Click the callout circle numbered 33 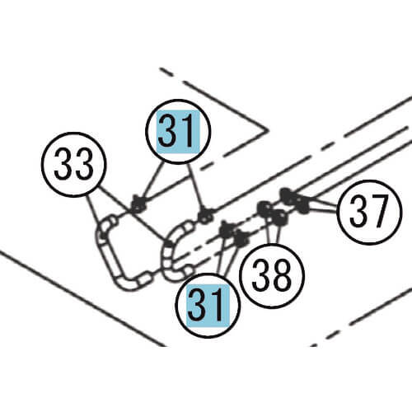point(73,164)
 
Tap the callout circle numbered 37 point(369,212)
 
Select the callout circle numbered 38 point(272,275)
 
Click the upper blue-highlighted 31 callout point(178,132)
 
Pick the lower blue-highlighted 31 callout point(208,306)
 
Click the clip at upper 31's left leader point(138,205)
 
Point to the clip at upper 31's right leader point(206,215)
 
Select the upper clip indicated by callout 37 point(287,197)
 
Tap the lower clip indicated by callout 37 point(302,204)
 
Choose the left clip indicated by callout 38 point(265,209)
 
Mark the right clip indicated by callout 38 point(279,218)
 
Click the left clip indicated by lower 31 point(227,230)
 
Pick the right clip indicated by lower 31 point(242,238)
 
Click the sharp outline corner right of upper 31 point(267,129)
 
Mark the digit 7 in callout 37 point(379,212)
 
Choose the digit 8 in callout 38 point(282,275)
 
